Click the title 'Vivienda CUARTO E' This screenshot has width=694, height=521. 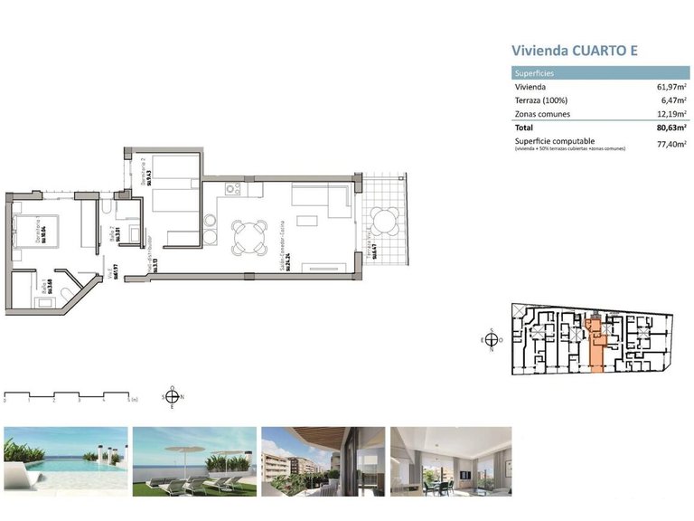click(575, 51)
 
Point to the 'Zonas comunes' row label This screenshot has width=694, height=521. click(542, 114)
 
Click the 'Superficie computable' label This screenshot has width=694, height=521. click(554, 141)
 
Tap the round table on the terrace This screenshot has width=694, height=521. click(386, 220)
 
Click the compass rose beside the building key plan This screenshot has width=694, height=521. click(491, 340)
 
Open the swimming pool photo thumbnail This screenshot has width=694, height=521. click(66, 460)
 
